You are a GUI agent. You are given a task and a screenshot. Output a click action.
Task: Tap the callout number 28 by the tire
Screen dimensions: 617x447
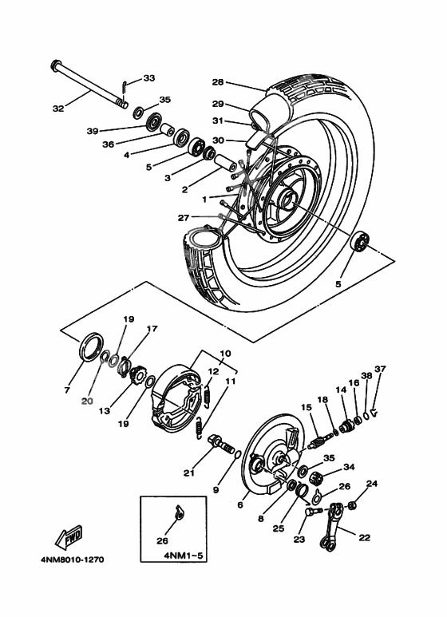click(218, 82)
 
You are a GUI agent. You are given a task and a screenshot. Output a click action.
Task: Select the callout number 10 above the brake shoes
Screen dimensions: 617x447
click(225, 353)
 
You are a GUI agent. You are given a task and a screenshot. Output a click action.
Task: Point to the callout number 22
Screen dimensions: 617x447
click(364, 538)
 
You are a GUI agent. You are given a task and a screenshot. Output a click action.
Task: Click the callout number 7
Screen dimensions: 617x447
click(67, 391)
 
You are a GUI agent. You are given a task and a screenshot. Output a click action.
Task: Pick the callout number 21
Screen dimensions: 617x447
click(188, 473)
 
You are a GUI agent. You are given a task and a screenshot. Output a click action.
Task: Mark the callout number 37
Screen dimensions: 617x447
click(380, 369)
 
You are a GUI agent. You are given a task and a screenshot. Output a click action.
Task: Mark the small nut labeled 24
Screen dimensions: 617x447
click(351, 504)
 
